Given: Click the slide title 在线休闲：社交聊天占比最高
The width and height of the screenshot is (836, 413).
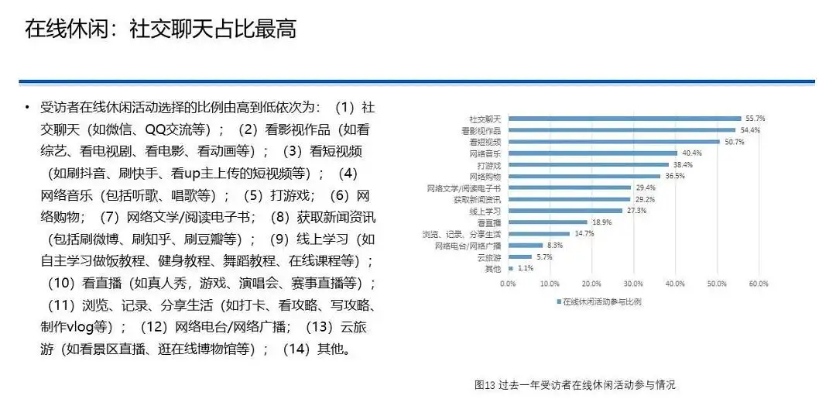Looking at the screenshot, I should (160, 29).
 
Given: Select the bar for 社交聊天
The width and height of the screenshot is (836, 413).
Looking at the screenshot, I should (625, 119).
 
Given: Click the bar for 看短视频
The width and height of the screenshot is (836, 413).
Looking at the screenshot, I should (615, 142).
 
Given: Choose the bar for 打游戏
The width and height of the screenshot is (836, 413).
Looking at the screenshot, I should (588, 165).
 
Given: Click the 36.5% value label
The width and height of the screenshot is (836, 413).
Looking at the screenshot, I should (676, 176).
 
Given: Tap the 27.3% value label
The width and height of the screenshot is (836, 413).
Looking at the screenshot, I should (637, 211).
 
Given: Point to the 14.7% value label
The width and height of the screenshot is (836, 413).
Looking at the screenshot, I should (584, 233).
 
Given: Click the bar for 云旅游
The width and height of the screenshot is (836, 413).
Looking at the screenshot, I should (520, 256).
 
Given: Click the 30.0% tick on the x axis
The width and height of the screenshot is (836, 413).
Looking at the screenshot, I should (633, 284).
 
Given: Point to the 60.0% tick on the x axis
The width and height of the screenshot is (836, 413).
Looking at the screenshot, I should (758, 284).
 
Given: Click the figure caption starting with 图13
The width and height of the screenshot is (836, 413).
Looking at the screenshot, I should (575, 384).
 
